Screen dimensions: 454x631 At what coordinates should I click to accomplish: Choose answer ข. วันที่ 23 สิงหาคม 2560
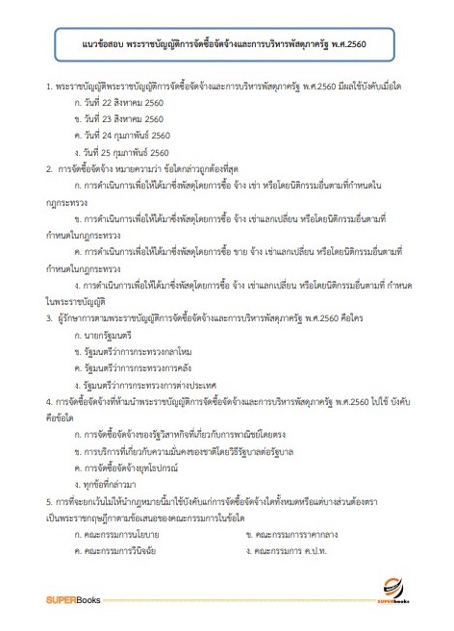pos(124,118)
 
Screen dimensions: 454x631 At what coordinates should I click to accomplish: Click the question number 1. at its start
pos(48,86)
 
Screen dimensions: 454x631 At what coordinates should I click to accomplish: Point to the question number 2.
pos(48,168)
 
